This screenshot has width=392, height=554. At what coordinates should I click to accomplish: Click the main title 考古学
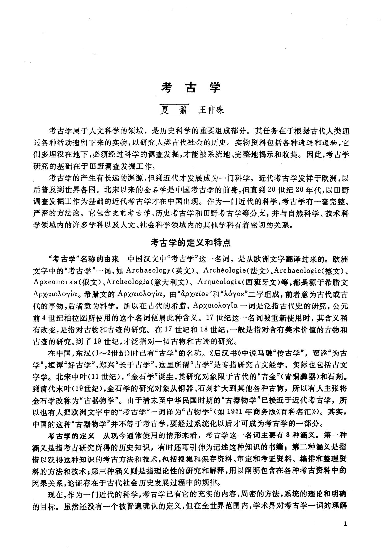coord(190,87)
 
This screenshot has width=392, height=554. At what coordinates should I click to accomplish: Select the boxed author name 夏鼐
coord(173,110)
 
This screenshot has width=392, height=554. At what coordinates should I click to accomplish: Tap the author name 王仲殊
coord(210,110)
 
